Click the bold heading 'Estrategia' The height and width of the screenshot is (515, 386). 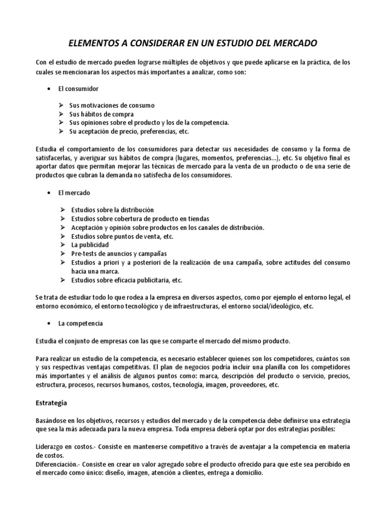point(52,403)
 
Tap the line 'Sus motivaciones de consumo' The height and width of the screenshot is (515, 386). point(112,106)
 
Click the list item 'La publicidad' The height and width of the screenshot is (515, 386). point(90,245)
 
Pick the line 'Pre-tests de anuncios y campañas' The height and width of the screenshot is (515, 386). point(119,253)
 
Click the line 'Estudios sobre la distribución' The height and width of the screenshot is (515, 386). point(113,210)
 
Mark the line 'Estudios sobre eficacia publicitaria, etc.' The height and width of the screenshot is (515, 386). point(127,280)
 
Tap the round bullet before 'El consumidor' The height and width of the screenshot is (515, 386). point(49,89)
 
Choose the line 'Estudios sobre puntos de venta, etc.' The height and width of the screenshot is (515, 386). point(123,236)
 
